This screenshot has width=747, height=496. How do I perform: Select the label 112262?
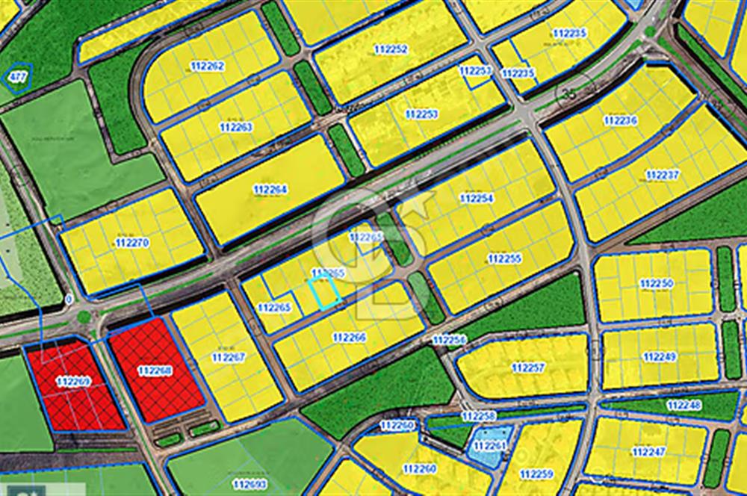pyautogui.click(x=207, y=66)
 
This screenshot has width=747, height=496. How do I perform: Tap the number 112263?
pyautogui.click(x=236, y=127)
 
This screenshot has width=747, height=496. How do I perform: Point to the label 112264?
pyautogui.click(x=270, y=190)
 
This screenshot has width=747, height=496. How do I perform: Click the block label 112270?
pyautogui.click(x=133, y=243)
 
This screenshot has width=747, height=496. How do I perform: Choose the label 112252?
pyautogui.click(x=391, y=49)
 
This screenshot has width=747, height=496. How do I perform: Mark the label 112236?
pyautogui.click(x=620, y=120)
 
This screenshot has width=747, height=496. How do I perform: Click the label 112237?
pyautogui.click(x=663, y=175)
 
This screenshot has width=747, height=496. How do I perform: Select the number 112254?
pyautogui.click(x=477, y=199)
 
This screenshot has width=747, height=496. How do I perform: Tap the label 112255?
pyautogui.click(x=505, y=258)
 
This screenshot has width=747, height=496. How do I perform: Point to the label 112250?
pyautogui.click(x=657, y=284)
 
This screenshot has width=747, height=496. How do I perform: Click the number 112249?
pyautogui.click(x=660, y=357)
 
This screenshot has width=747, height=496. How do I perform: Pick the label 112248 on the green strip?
pyautogui.click(x=684, y=405)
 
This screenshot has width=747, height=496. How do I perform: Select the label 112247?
pyautogui.click(x=648, y=452)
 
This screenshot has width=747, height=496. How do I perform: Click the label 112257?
pyautogui.click(x=528, y=368)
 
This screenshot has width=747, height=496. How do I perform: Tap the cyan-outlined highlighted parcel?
pyautogui.click(x=324, y=292)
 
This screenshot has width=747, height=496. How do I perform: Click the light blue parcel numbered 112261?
pyautogui.click(x=489, y=447)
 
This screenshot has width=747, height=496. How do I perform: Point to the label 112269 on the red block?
pyautogui.click(x=73, y=382)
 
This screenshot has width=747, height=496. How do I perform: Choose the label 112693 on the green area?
pyautogui.click(x=249, y=484)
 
